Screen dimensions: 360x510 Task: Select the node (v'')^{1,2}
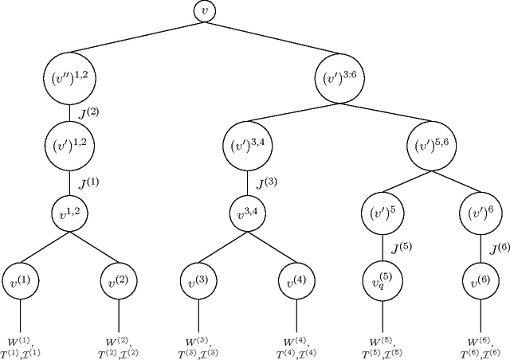69,78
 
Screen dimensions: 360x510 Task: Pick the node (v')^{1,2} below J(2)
69,146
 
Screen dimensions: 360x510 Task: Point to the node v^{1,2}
69,213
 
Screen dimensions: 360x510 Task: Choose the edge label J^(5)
401,246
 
